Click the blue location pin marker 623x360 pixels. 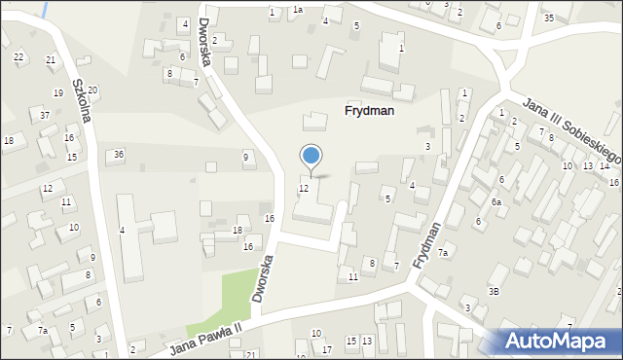[311, 156]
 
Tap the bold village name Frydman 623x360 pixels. [369, 111]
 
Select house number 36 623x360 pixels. [119, 154]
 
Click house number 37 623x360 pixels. [46, 116]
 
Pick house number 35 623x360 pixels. [549, 18]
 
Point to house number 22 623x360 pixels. [18, 56]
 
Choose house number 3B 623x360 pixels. [494, 291]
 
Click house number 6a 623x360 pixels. [495, 202]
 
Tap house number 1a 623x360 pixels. [298, 10]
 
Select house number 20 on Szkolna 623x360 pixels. [92, 90]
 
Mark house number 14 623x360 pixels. [604, 165]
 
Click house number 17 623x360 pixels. [326, 349]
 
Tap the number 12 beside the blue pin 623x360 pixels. [304, 188]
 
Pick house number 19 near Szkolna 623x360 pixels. [57, 92]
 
